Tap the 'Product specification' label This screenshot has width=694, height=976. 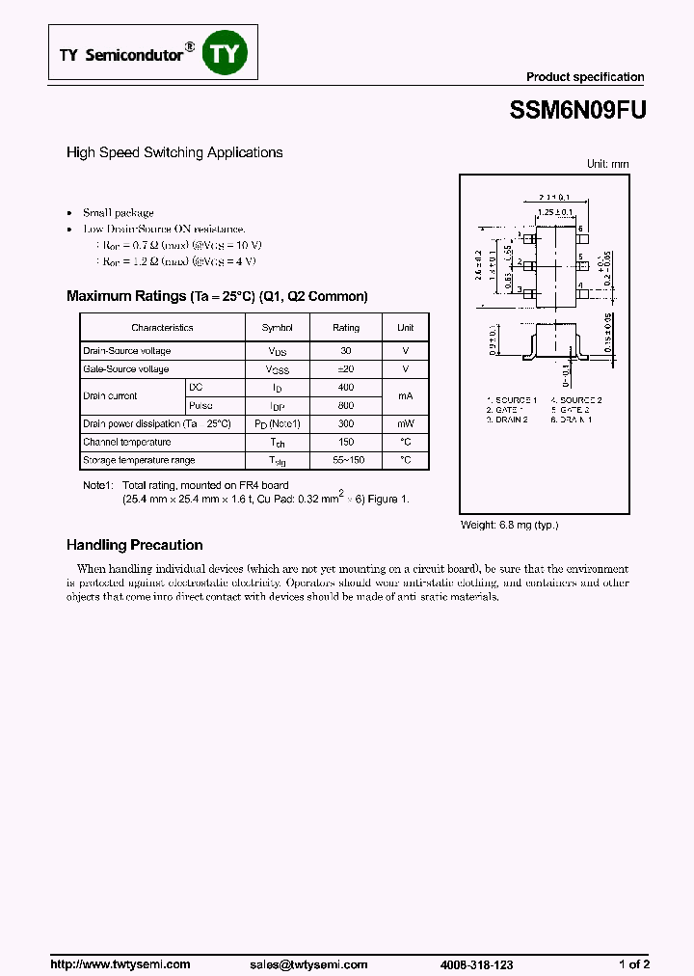pyautogui.click(x=584, y=77)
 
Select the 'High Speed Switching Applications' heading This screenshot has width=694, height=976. pyautogui.click(x=174, y=152)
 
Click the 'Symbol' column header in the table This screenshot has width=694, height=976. pyautogui.click(x=278, y=328)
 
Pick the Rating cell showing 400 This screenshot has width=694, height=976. pyautogui.click(x=345, y=387)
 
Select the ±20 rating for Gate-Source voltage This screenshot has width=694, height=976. pyautogui.click(x=345, y=369)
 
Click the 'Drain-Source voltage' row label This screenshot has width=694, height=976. pyautogui.click(x=126, y=351)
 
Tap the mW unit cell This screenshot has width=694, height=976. pyautogui.click(x=405, y=423)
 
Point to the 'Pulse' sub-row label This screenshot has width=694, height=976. pyautogui.click(x=201, y=405)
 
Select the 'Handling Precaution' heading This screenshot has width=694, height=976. pyautogui.click(x=134, y=545)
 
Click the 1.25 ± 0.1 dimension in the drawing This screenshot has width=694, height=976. pyautogui.click(x=554, y=212)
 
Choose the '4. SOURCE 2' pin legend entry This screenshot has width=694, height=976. pyautogui.click(x=576, y=399)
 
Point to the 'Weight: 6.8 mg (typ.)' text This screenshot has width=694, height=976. pyautogui.click(x=510, y=525)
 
